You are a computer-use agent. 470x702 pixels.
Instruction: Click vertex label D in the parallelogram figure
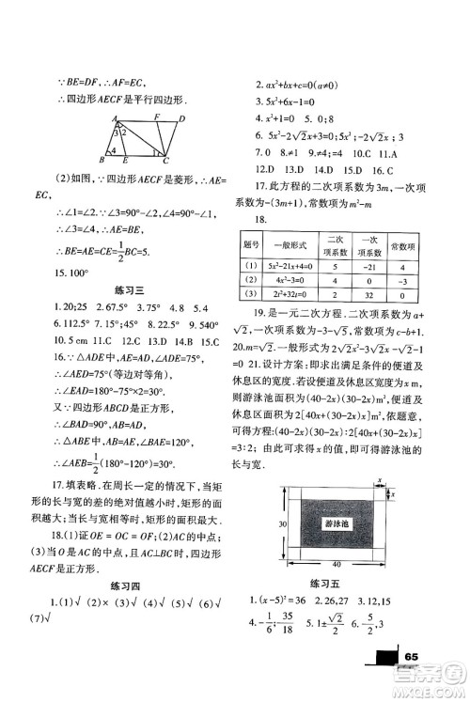point(180,119)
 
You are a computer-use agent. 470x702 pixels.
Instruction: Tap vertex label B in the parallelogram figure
point(102,159)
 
